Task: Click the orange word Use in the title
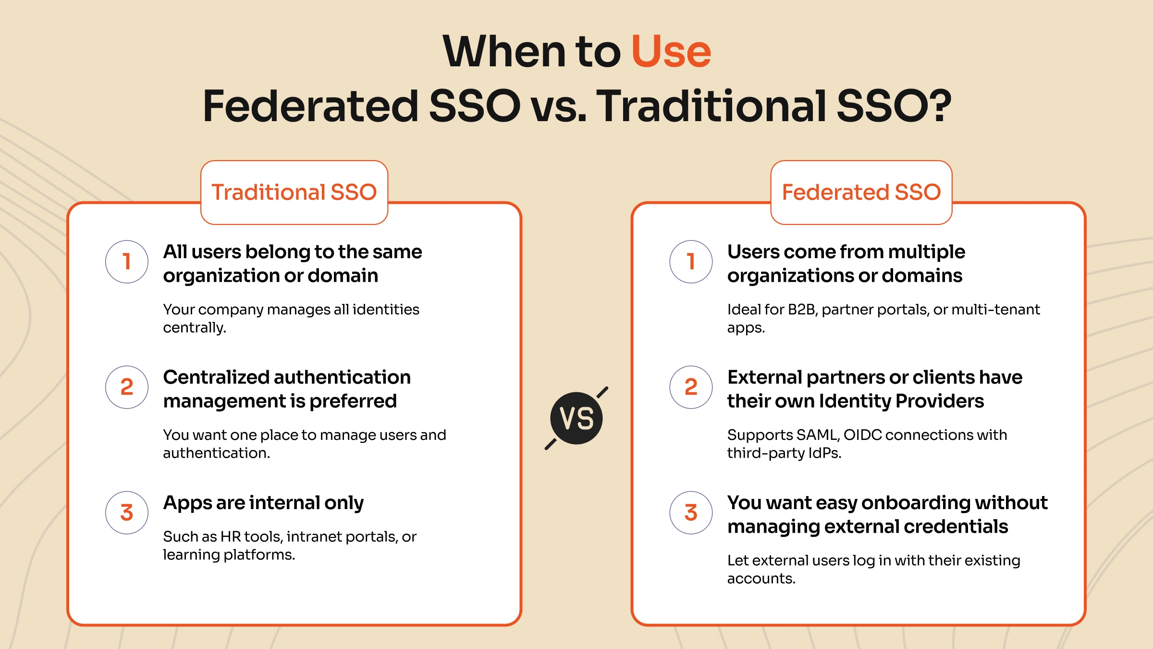[x=671, y=52]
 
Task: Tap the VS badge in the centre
[x=576, y=418]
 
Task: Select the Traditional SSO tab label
[x=294, y=192]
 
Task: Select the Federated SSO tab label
[x=861, y=192]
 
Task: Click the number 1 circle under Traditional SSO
[x=127, y=262]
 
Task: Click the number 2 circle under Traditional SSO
[x=127, y=387]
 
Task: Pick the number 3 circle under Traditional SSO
[x=127, y=512]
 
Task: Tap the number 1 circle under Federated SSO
[x=691, y=262]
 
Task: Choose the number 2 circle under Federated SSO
[x=691, y=387]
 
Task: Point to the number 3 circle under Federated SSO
[x=691, y=512]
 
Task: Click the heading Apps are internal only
[x=263, y=503]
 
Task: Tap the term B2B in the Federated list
[x=802, y=310]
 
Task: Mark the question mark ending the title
[x=940, y=106]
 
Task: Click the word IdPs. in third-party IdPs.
[x=825, y=453]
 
